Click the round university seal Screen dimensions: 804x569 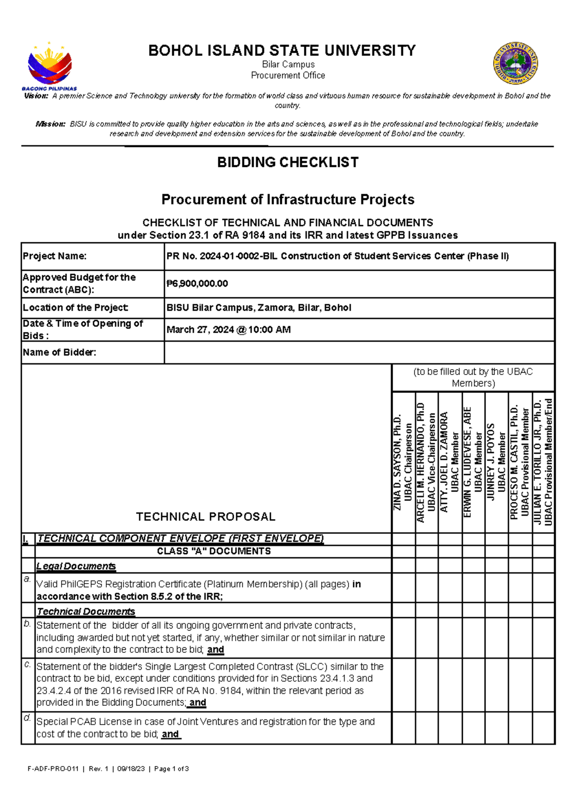[x=515, y=63]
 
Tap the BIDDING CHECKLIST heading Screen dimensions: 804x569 [x=287, y=163]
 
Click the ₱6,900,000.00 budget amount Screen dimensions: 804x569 [x=197, y=283]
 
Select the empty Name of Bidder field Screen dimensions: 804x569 [x=358, y=353]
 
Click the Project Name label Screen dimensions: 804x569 [x=55, y=256]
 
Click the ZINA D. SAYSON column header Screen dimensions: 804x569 [x=403, y=462]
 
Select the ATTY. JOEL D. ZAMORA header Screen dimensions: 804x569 [x=450, y=462]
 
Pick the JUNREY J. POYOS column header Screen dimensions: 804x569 [x=496, y=462]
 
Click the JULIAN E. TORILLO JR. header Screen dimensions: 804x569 [x=543, y=462]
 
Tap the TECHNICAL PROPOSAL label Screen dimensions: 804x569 [x=205, y=517]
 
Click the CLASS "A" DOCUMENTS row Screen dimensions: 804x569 [x=213, y=551]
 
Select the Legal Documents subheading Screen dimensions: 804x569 [x=76, y=566]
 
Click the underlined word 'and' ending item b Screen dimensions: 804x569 [x=215, y=650]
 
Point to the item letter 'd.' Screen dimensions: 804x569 [x=28, y=718]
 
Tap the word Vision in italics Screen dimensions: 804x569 [x=36, y=96]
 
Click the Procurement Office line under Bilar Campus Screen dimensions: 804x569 [x=288, y=75]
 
